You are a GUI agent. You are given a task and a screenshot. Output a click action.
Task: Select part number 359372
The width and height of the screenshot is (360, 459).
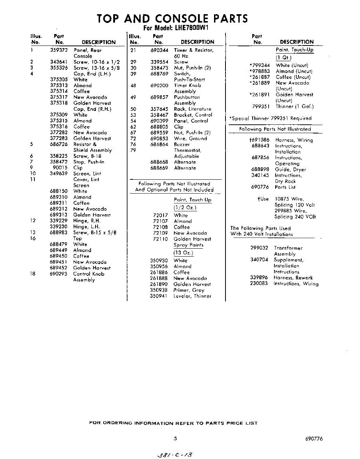(59, 50)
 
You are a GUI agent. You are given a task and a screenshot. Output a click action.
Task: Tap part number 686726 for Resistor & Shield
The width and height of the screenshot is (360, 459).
(59, 144)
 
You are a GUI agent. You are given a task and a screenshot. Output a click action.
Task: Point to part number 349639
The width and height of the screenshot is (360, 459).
(59, 174)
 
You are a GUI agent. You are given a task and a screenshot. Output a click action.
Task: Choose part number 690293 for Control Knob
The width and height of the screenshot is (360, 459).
(59, 274)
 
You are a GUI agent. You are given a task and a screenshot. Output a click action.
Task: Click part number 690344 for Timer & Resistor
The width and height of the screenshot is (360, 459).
(159, 50)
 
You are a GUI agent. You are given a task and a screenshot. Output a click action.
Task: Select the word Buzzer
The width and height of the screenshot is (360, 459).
(182, 145)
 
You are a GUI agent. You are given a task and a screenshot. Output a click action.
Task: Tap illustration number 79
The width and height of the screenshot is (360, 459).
(133, 150)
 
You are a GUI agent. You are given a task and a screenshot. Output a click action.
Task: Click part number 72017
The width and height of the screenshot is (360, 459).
(161, 215)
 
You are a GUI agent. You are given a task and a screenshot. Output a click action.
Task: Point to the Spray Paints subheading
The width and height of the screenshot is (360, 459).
(188, 245)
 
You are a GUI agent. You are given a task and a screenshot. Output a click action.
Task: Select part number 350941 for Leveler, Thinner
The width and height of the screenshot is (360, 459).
(159, 296)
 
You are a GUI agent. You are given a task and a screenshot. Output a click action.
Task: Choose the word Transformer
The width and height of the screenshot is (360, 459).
(288, 248)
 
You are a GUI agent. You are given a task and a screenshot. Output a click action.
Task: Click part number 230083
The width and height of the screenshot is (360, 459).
(259, 284)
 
